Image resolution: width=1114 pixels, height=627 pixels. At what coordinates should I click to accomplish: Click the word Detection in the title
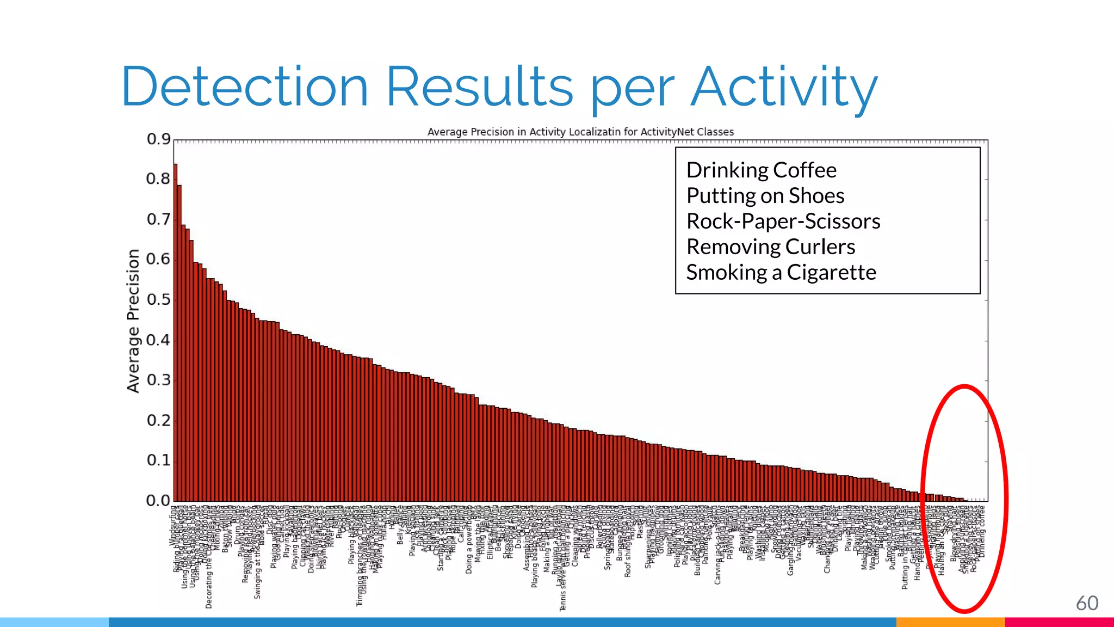(245, 87)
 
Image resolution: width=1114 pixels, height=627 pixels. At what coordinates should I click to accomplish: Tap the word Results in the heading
(480, 87)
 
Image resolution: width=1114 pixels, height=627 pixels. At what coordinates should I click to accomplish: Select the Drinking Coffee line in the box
(761, 170)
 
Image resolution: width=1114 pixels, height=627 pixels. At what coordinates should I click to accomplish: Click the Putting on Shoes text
(765, 196)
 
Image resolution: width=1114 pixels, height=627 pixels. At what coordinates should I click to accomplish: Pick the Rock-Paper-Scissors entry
(783, 222)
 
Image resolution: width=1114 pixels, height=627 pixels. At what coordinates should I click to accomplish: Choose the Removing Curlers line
(770, 247)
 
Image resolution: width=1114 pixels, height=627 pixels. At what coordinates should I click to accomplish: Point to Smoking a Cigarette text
(781, 273)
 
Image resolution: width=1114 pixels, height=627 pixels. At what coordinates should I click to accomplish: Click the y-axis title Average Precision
(133, 321)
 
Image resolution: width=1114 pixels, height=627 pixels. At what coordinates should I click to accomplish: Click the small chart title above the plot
(580, 132)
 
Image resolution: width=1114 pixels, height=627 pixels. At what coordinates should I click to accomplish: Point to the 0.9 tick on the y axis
(158, 139)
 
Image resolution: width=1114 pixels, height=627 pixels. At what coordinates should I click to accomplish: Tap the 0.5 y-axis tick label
(158, 300)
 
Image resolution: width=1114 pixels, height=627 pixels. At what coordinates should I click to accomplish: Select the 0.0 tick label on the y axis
(158, 501)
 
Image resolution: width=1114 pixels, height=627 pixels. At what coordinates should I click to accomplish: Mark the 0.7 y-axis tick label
(158, 220)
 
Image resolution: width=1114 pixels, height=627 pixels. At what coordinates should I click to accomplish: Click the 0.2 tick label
(158, 421)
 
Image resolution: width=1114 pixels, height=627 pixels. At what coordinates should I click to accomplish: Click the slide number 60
(1087, 603)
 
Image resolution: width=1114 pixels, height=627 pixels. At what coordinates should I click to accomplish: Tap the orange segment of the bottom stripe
(950, 622)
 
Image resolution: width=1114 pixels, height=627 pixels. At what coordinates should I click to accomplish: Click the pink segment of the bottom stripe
(1059, 622)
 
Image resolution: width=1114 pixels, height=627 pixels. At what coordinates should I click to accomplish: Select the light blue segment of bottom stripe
(54, 622)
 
